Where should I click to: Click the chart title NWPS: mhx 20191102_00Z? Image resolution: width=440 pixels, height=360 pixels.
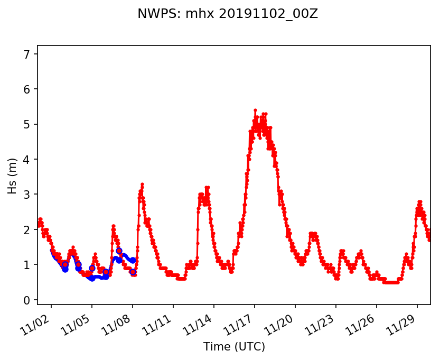[x=228, y=14]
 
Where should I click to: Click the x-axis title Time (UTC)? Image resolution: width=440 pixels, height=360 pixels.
[x=234, y=347]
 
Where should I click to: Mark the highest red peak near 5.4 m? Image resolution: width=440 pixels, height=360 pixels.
[x=255, y=110]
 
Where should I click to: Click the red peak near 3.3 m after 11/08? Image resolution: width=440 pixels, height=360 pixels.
[x=142, y=184]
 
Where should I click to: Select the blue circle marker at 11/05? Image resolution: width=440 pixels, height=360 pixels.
[x=92, y=268]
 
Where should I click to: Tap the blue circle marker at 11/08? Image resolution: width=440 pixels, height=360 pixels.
[x=133, y=272]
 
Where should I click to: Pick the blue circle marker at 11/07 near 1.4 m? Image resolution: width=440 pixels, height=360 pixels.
[x=119, y=251]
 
